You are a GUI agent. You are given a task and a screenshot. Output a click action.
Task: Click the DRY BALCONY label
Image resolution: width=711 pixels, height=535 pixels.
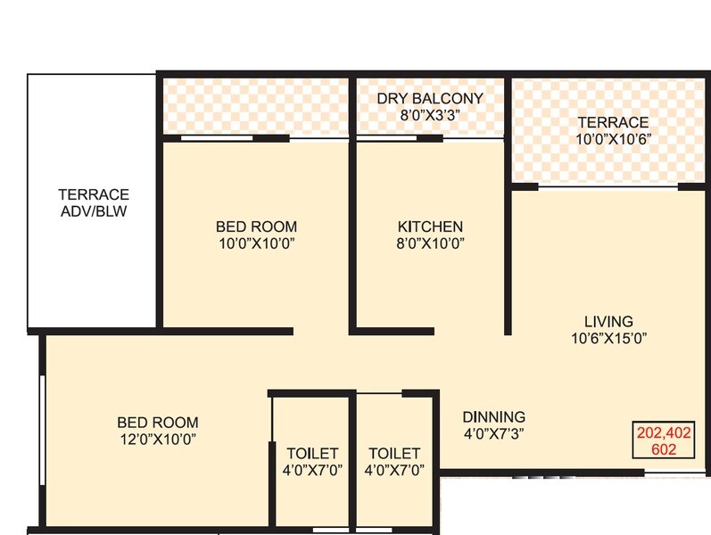tap(429, 98)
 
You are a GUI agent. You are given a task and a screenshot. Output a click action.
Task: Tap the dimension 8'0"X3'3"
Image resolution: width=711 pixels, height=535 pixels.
tap(429, 114)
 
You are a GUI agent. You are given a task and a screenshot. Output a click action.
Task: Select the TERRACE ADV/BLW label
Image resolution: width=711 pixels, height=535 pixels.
tap(94, 202)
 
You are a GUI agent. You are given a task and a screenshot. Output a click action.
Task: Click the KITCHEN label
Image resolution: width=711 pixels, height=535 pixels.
tap(430, 226)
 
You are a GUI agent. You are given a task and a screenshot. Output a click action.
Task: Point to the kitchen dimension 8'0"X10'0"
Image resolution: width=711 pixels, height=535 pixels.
tap(430, 243)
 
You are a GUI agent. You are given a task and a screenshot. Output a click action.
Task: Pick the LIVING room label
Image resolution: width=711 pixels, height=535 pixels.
tap(608, 321)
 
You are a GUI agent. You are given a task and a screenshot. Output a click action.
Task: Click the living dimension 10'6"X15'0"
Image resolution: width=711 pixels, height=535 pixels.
tap(608, 338)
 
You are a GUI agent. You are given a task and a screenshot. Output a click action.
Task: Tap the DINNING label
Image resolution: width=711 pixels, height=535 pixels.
tap(493, 416)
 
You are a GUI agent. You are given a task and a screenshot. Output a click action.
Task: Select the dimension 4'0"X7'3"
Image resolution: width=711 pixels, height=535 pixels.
tap(493, 433)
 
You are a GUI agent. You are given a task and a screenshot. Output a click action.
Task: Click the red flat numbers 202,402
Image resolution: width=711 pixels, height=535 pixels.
tap(664, 433)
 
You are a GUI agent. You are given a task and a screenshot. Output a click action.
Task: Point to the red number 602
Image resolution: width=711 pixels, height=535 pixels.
tap(664, 449)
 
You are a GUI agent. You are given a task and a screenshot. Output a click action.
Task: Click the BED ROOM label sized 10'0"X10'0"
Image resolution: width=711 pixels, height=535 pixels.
tap(256, 226)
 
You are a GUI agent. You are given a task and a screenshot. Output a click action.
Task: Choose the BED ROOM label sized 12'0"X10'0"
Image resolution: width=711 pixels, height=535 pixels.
tap(158, 422)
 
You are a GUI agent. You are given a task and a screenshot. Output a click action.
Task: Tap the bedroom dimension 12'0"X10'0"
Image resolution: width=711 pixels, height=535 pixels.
tap(158, 439)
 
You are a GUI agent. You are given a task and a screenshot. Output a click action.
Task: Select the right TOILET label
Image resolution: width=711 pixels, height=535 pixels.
tap(393, 453)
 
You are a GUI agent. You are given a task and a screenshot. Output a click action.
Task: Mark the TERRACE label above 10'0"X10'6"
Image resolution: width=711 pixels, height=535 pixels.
tap(612, 122)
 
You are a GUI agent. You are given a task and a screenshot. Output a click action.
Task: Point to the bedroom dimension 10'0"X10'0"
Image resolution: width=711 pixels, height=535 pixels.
tap(256, 243)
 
